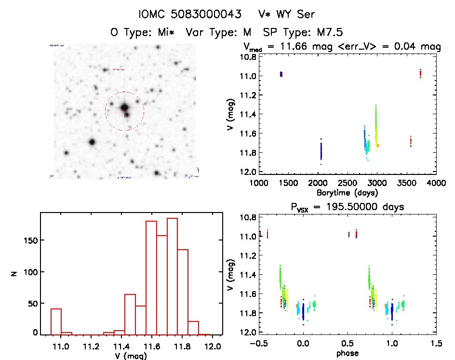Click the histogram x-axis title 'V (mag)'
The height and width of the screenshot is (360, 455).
[x=131, y=357]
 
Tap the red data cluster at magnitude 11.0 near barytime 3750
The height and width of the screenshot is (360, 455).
[x=420, y=73]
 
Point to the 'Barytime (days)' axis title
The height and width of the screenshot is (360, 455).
[x=347, y=192]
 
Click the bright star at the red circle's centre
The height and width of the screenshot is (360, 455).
[x=125, y=107]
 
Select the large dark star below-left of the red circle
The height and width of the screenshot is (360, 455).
[x=92, y=142]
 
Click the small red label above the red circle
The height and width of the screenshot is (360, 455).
[x=118, y=69]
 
